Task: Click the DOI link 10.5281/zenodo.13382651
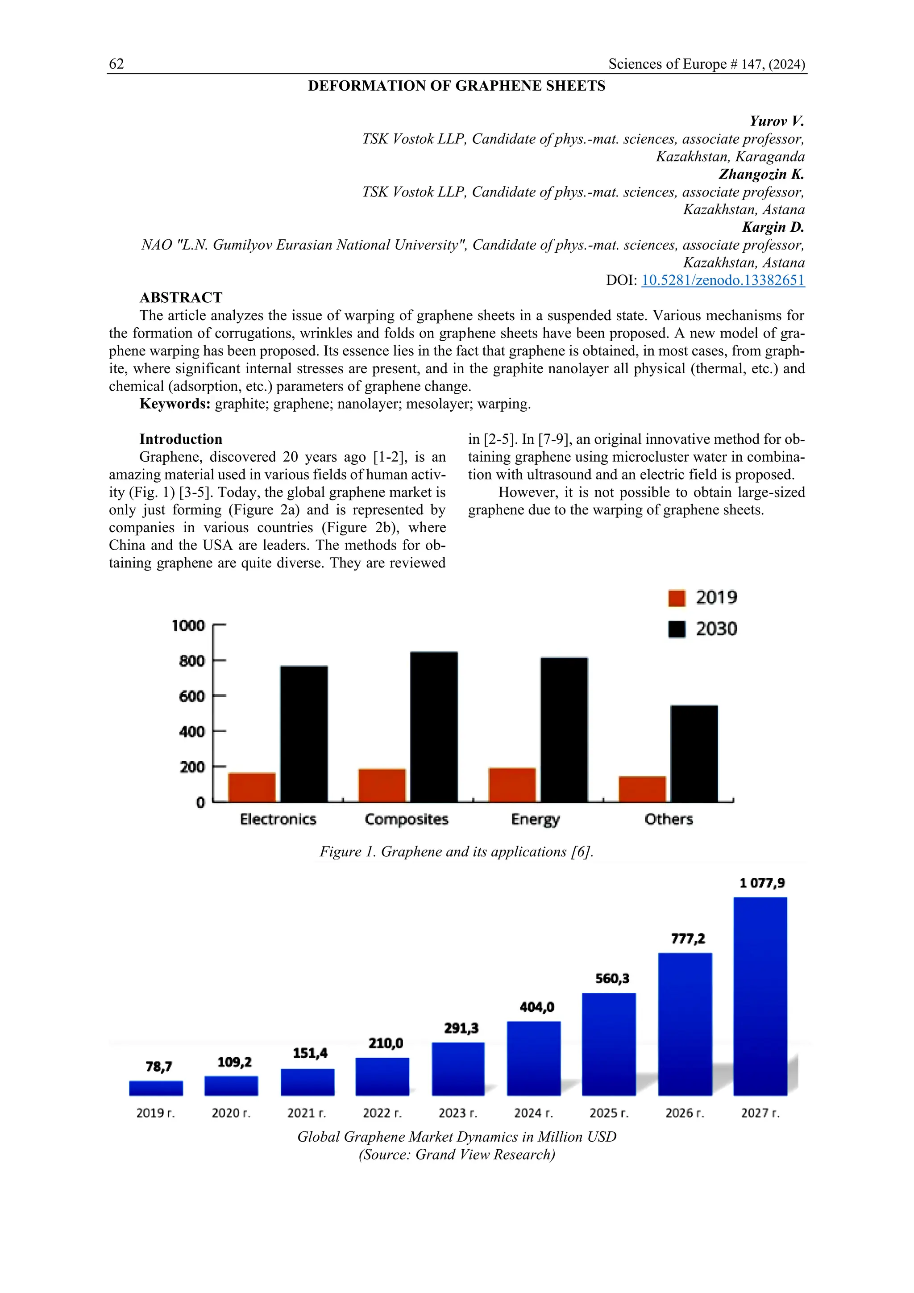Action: (x=723, y=280)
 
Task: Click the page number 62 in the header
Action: (x=116, y=64)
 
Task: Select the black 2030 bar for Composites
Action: (x=434, y=726)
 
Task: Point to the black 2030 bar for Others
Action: (x=694, y=754)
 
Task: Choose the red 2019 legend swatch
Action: (x=677, y=598)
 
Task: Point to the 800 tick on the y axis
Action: (x=192, y=661)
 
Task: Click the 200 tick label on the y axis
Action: (x=192, y=767)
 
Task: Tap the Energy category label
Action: (x=535, y=819)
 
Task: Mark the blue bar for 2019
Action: (x=156, y=1088)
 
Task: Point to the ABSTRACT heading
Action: (x=181, y=298)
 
